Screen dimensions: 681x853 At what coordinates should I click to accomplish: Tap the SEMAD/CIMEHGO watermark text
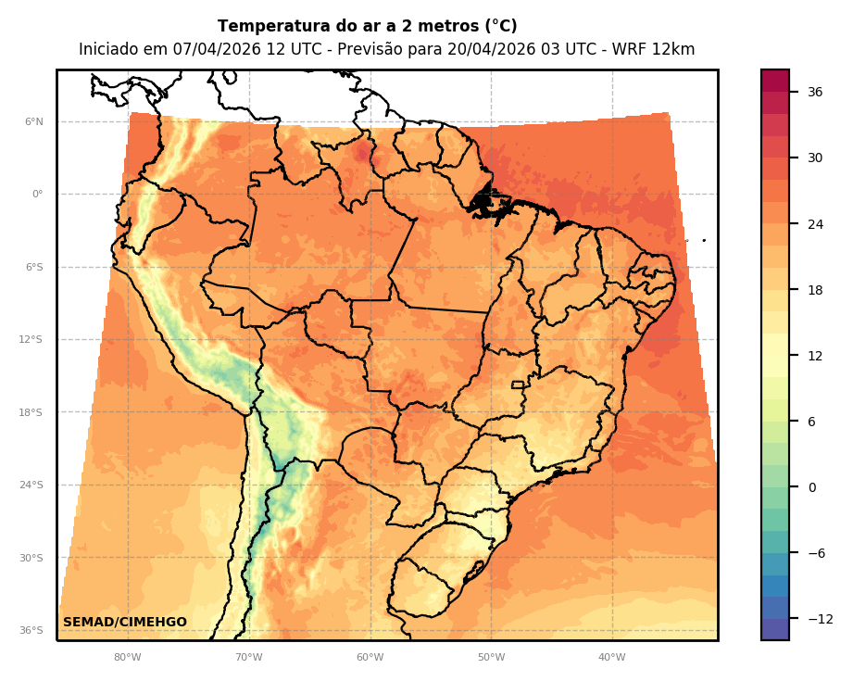(x=125, y=622)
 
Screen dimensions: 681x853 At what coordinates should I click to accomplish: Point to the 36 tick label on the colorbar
(x=815, y=92)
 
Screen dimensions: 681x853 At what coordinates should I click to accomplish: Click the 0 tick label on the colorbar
(x=812, y=487)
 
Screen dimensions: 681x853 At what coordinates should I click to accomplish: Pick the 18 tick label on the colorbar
(x=815, y=290)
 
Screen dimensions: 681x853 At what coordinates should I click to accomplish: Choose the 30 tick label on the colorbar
(x=815, y=158)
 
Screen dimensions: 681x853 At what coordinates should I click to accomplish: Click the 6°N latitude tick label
(x=33, y=121)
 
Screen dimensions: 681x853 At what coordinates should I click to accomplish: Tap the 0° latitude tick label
(x=36, y=195)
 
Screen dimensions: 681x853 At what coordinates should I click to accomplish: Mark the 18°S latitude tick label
(x=31, y=412)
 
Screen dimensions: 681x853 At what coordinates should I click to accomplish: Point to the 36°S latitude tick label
(x=31, y=630)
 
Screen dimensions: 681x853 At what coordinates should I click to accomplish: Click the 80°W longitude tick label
(x=127, y=658)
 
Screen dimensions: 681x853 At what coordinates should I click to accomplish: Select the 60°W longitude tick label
(x=370, y=658)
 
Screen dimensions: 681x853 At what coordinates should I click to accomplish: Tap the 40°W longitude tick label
(x=611, y=658)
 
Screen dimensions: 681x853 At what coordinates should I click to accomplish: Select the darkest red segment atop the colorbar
(x=775, y=81)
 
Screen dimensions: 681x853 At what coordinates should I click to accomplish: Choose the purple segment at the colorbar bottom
(x=775, y=629)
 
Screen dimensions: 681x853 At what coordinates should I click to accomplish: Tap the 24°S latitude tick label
(x=31, y=485)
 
